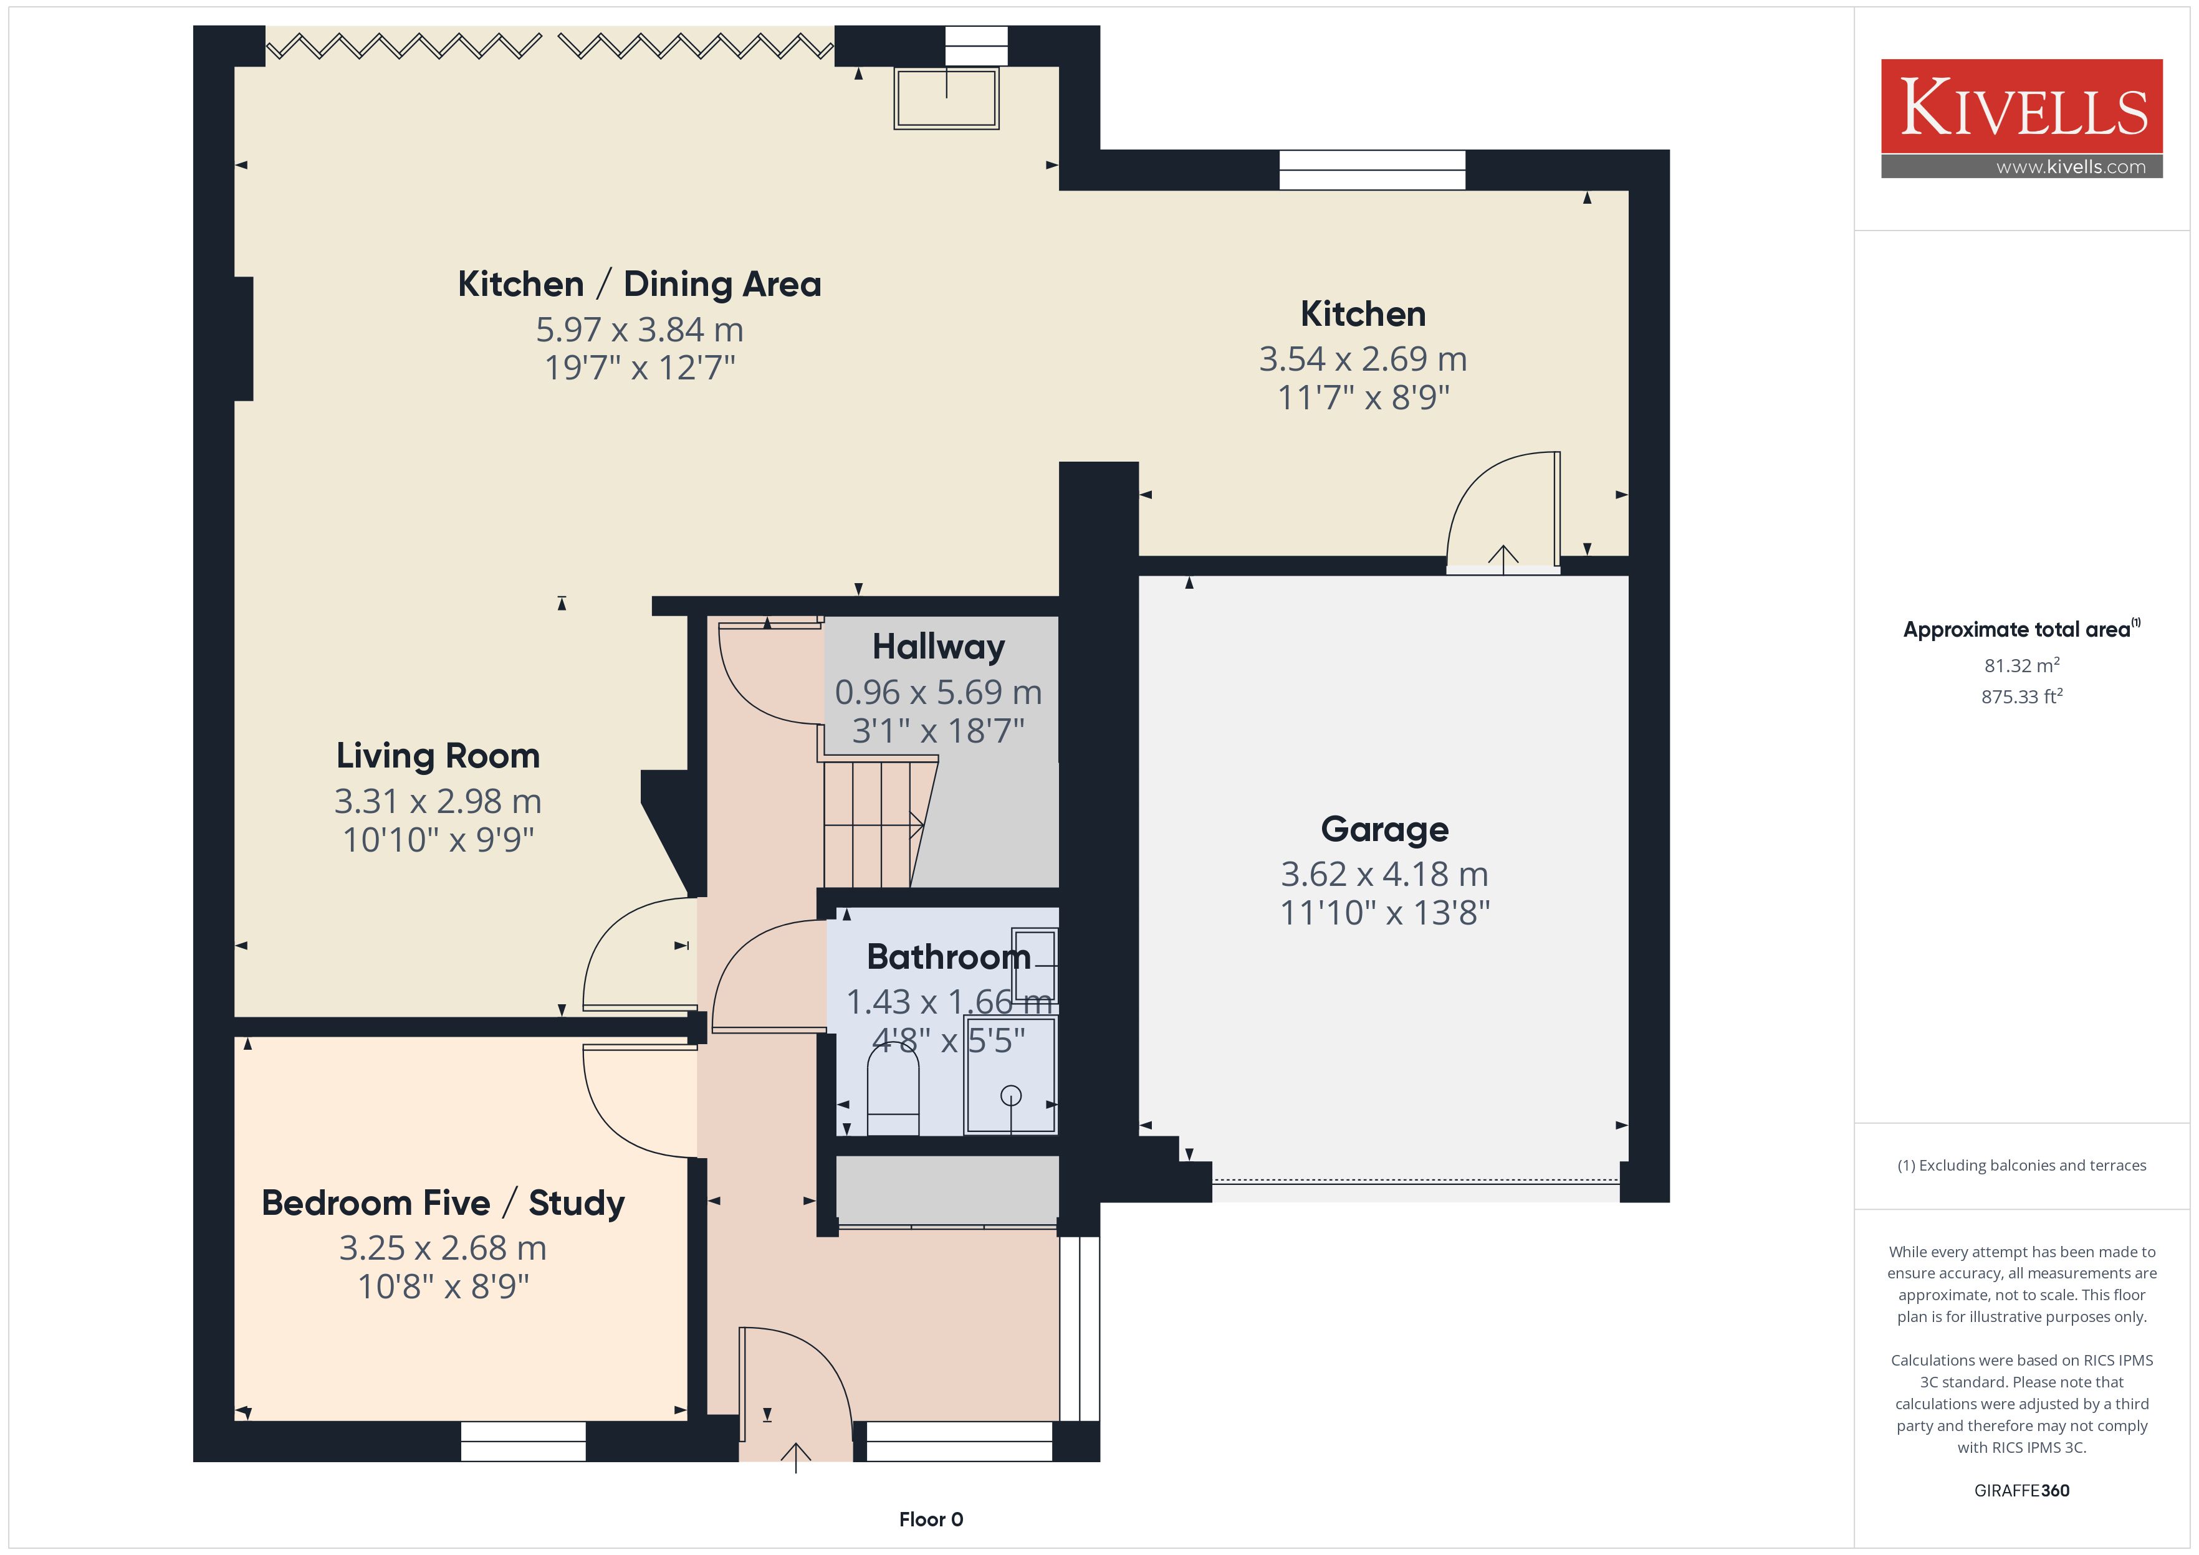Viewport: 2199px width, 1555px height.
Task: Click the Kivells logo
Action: pos(2022,118)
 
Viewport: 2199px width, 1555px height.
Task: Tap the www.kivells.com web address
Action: pos(2071,166)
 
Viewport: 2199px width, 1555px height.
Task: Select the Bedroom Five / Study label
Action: pos(443,1202)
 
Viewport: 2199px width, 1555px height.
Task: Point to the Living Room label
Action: pos(438,756)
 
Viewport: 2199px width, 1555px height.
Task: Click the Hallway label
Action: pos(939,646)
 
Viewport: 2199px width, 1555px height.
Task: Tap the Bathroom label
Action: pos(948,956)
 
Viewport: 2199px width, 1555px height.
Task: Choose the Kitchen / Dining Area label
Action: pos(640,284)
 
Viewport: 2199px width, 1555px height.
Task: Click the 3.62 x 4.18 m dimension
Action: pos(1385,874)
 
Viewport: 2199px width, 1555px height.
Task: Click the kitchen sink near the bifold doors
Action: pos(946,98)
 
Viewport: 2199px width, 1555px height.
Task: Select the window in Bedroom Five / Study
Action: pos(523,1441)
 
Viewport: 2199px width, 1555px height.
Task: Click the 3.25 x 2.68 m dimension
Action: pos(443,1248)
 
